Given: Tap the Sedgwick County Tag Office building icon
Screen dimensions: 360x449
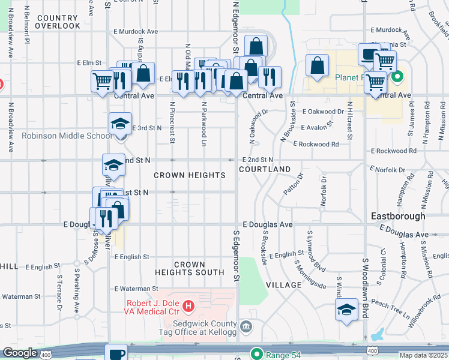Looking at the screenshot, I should click(246, 326).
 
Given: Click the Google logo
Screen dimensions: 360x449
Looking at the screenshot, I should click(20, 353).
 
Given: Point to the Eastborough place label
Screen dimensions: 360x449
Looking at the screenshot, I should click(398, 215).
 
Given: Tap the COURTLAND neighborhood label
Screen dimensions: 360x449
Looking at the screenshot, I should click(265, 170).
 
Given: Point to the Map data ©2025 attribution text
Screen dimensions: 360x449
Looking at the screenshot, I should click(423, 355).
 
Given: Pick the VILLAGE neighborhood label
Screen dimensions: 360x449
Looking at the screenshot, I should click(283, 284).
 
